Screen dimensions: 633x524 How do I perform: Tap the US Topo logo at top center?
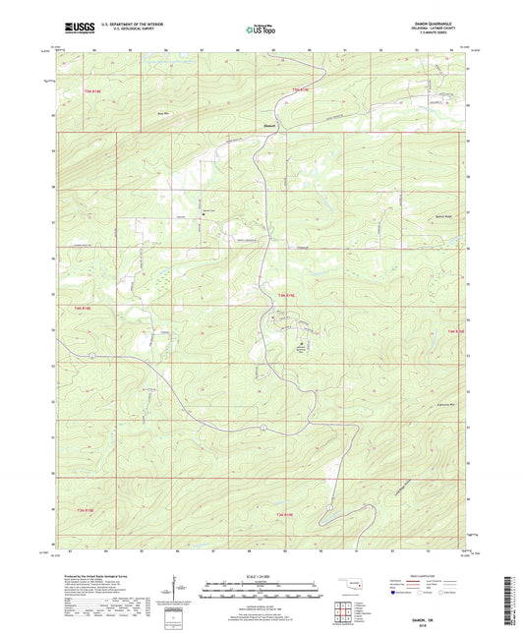[x=260, y=30]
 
